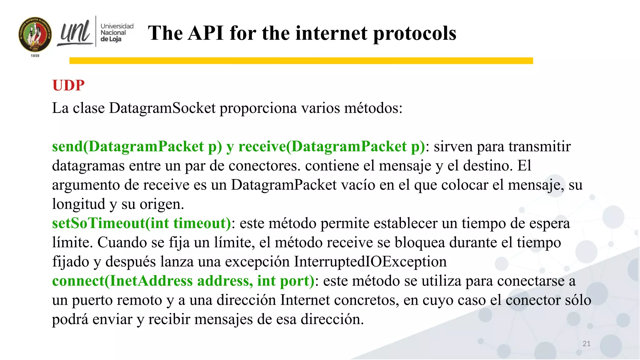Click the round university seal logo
(35, 34)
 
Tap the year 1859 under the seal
(35, 56)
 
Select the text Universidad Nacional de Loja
(117, 32)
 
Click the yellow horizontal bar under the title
(301, 61)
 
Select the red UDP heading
(68, 85)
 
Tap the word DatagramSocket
(162, 108)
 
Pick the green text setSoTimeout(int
(111, 223)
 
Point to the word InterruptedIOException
(370, 262)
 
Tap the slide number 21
(586, 344)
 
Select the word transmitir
(539, 147)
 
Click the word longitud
(78, 204)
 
